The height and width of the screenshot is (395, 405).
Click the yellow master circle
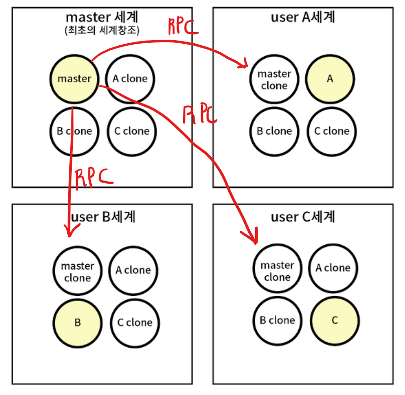pos(74,79)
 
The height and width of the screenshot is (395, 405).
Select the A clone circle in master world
pos(130,79)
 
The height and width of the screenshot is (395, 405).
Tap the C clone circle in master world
pos(132,131)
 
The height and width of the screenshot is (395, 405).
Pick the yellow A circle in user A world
pos(330,79)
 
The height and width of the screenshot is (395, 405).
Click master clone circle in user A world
pos(274,79)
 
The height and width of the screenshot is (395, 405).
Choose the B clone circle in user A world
pos(274,131)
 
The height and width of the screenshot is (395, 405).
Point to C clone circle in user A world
pos(332,131)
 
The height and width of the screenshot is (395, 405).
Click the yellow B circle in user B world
pos(78,323)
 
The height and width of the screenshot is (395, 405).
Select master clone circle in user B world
pos(78,271)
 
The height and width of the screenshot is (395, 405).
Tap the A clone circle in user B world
pos(133,271)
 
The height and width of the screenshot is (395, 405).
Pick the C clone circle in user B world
pos(135,323)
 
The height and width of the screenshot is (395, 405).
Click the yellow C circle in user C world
pos(335,321)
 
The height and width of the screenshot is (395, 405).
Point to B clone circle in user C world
pos(277,321)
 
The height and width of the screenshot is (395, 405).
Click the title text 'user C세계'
pos(303,217)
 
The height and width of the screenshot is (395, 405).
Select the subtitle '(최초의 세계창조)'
pos(102,30)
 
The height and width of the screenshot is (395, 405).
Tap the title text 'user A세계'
pos(303,17)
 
